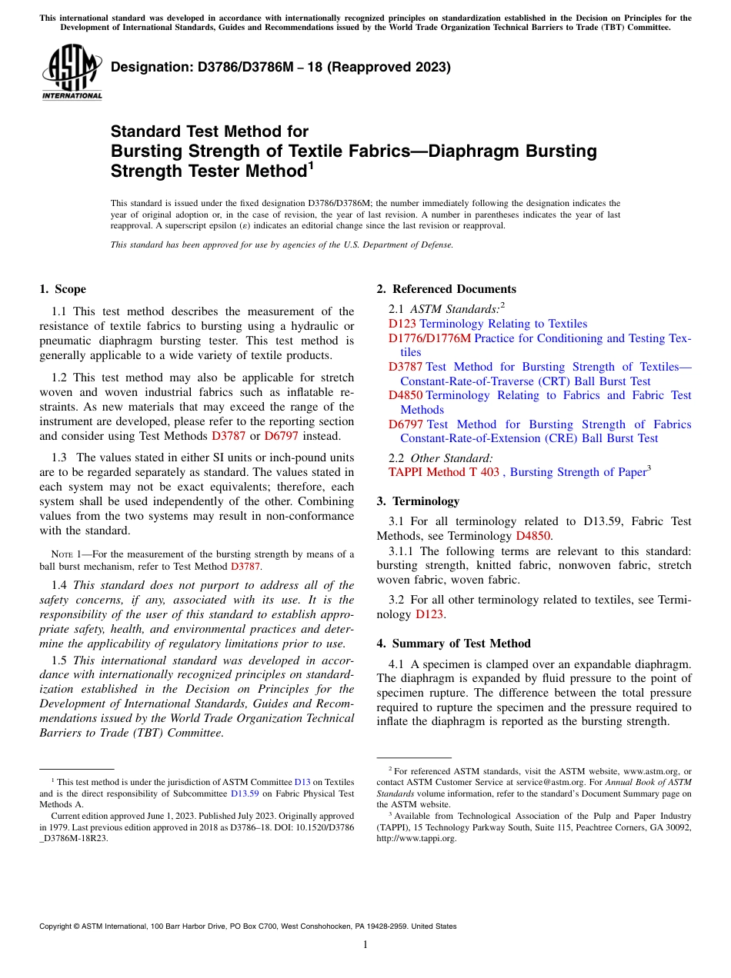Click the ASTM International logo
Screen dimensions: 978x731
tap(71, 72)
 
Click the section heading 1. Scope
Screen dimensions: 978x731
tap(62, 289)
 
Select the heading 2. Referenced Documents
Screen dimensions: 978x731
tap(446, 289)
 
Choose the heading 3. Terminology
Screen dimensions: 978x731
tap(418, 501)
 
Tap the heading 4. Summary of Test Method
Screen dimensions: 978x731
tap(453, 644)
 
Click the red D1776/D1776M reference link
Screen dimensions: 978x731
tap(429, 338)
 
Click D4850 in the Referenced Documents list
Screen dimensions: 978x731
tap(405, 395)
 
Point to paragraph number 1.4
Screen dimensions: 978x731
tap(59, 585)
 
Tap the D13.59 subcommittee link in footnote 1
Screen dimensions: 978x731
tap(243, 793)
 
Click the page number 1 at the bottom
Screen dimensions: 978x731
tap(365, 945)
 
